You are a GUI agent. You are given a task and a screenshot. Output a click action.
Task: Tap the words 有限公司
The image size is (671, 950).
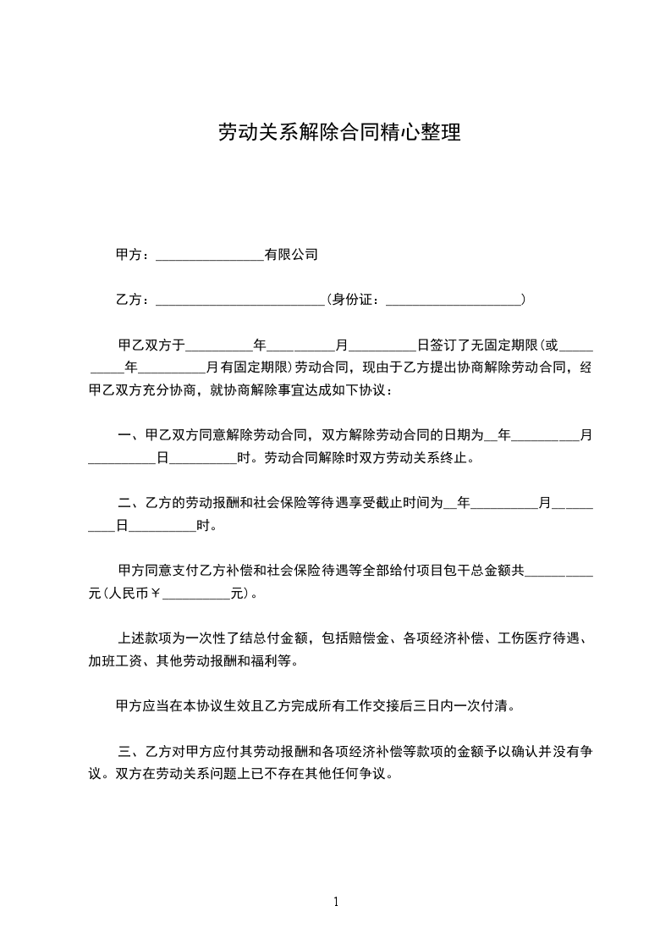pos(291,254)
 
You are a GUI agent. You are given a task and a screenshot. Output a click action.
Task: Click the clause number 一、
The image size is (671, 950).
pos(130,436)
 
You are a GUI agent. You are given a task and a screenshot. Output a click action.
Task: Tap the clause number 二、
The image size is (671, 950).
pos(130,503)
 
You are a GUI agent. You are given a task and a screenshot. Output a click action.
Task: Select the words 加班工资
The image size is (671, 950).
pos(115,660)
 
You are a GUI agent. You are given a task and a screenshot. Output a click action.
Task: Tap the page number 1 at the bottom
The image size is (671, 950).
pos(336,902)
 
